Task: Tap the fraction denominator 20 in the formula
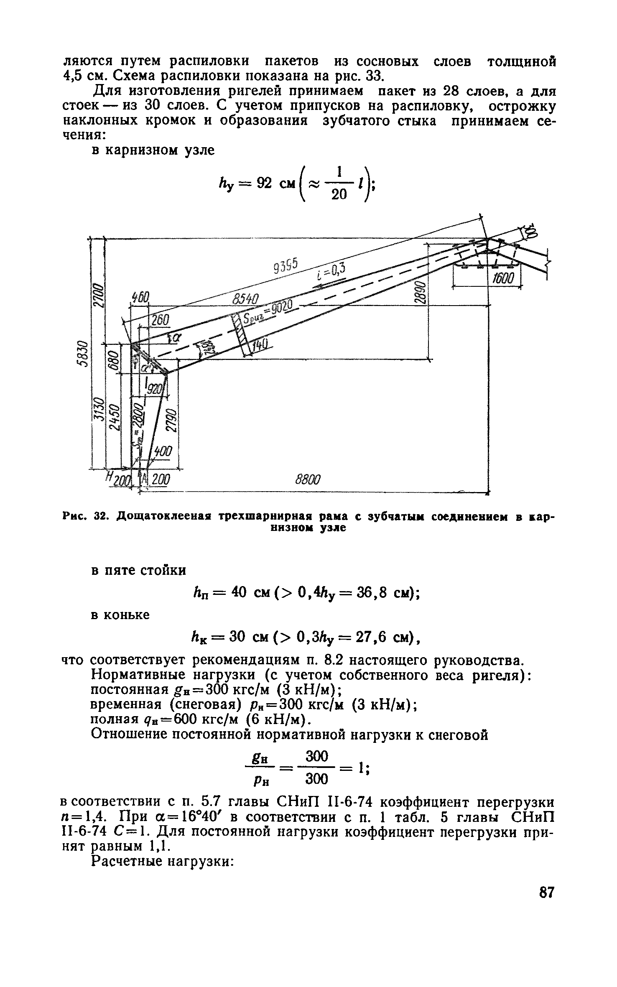(339, 195)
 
